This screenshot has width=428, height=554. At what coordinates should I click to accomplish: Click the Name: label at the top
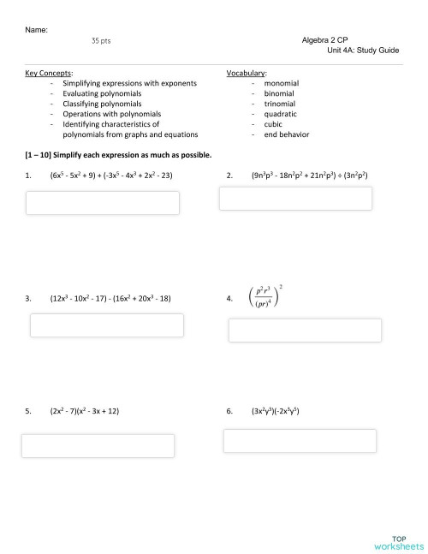tap(37, 30)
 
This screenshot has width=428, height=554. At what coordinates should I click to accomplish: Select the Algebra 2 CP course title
tap(324, 40)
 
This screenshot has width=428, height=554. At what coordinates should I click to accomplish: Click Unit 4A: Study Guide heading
tap(363, 51)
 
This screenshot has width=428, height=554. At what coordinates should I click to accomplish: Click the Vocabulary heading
tap(247, 74)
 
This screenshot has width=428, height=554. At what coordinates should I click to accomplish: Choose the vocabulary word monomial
tap(282, 83)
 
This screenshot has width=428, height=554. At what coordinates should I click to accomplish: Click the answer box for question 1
tap(103, 203)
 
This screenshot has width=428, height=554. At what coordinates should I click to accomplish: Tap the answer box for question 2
tap(296, 199)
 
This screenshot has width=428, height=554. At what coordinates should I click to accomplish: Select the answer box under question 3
tap(107, 325)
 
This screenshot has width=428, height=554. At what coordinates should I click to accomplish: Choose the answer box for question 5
tap(98, 445)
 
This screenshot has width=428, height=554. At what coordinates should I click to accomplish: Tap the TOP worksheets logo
tap(398, 540)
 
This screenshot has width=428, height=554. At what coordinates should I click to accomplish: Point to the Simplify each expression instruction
tap(120, 155)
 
